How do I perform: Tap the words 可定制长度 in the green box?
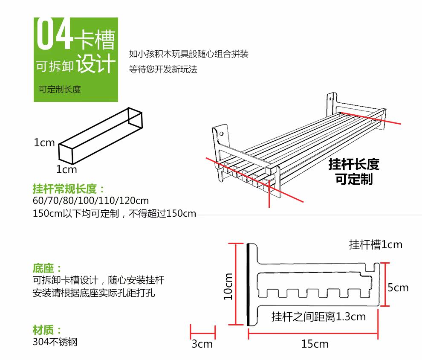(60, 90)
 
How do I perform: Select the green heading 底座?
(47, 269)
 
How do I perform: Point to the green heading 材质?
(47, 330)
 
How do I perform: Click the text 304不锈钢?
(55, 342)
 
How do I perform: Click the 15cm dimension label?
(315, 344)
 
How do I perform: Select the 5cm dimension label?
(398, 288)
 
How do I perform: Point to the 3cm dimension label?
(202, 344)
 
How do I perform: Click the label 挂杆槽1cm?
(376, 245)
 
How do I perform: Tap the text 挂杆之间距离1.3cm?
(318, 317)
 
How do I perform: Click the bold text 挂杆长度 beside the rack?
(354, 165)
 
